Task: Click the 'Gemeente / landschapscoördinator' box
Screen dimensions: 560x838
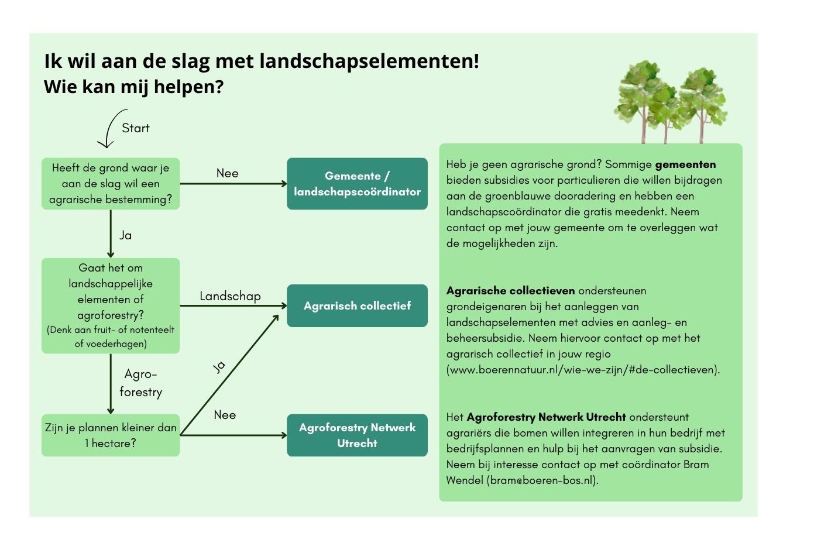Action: point(357,184)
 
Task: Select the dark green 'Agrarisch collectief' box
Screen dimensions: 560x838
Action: point(357,306)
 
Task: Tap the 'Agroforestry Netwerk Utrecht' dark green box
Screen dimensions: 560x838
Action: point(357,435)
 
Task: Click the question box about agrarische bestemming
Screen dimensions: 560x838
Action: point(111,184)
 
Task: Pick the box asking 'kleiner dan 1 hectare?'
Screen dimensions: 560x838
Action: point(111,435)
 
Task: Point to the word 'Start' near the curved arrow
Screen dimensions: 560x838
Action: point(135,128)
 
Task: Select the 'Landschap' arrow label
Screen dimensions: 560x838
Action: point(230,296)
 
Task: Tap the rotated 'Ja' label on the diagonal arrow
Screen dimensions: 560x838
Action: point(219,367)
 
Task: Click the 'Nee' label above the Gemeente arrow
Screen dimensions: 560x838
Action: point(227,173)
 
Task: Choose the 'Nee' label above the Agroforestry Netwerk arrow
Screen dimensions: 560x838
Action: point(225,415)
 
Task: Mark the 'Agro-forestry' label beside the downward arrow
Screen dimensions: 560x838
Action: point(140,383)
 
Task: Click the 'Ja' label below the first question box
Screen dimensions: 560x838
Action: point(125,235)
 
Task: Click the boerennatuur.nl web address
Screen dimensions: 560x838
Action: point(583,370)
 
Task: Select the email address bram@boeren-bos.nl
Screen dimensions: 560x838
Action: point(542,480)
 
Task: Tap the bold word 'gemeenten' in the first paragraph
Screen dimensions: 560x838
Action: point(685,164)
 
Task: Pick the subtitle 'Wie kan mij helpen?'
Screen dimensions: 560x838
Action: point(133,87)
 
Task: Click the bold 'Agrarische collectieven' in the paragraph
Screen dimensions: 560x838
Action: point(510,291)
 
